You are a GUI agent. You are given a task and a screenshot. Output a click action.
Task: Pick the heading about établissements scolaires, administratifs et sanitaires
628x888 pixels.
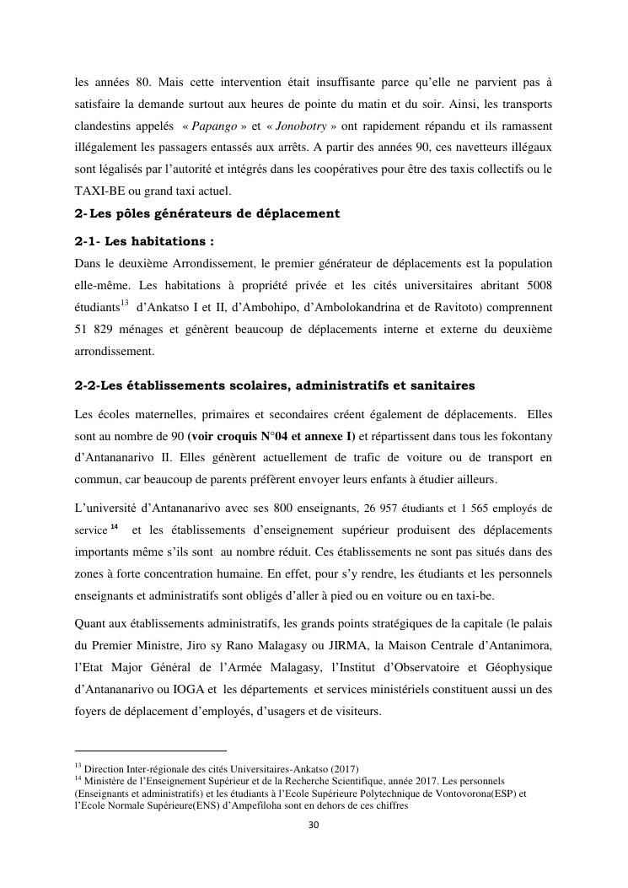[x=275, y=385]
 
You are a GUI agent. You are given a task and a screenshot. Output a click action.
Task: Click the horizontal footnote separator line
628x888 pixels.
[x=151, y=750]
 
